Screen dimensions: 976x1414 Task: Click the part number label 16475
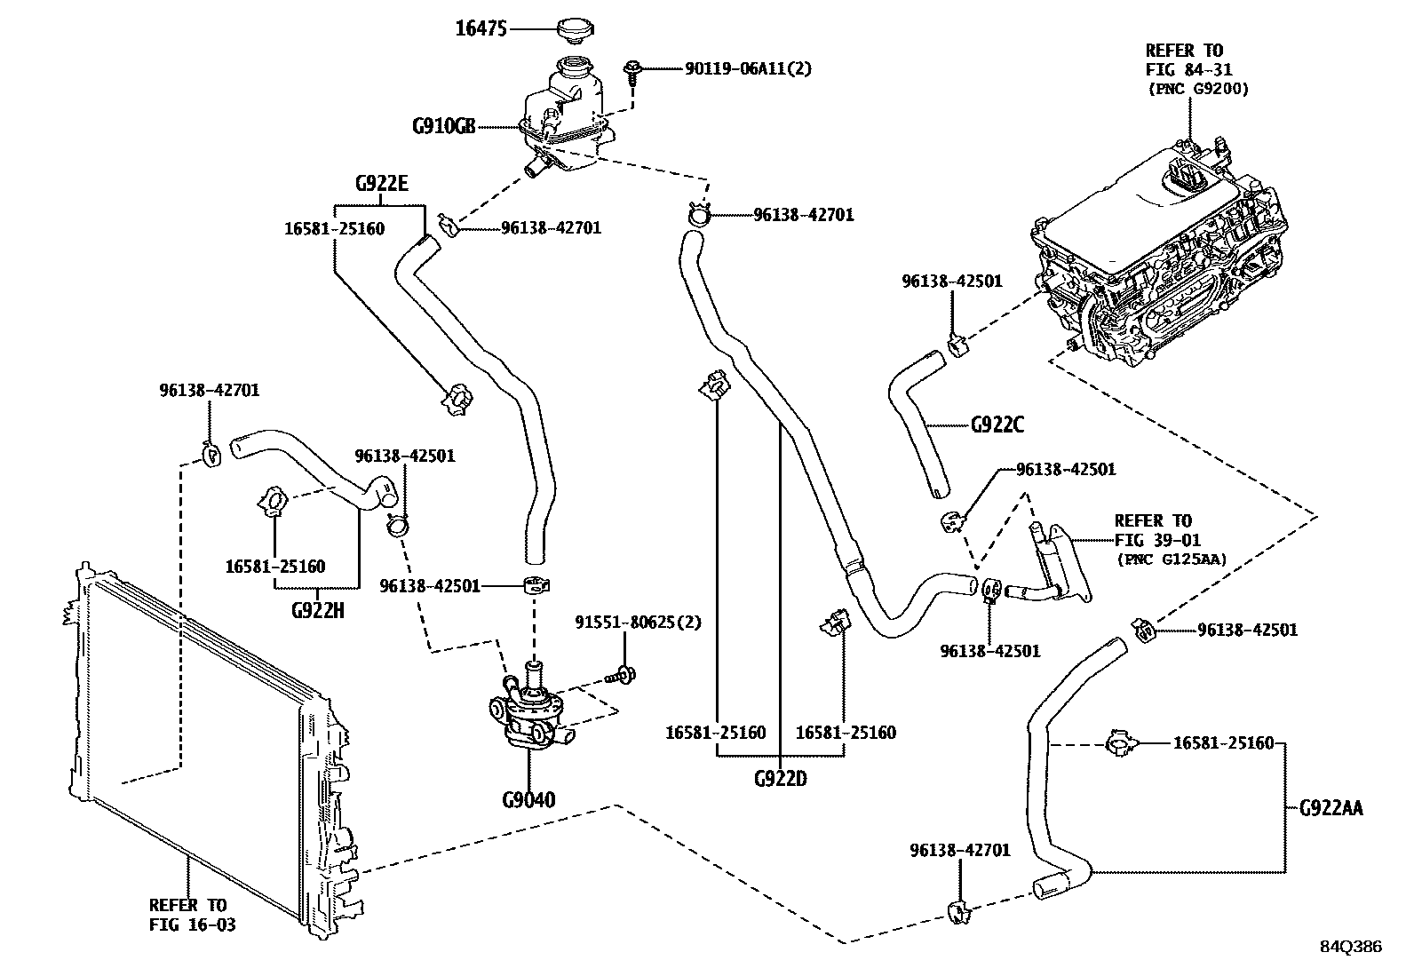(481, 29)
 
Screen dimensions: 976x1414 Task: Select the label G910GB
(443, 126)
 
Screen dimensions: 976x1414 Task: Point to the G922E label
(381, 184)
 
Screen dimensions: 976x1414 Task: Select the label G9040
(528, 800)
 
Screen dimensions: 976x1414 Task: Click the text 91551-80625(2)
(637, 623)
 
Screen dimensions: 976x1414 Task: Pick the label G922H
(317, 611)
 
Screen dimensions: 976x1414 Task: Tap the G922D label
(780, 779)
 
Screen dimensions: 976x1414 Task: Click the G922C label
(997, 425)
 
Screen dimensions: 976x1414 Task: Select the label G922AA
(1331, 808)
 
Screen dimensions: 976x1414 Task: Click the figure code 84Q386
(1350, 947)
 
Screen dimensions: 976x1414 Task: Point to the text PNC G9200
(1197, 89)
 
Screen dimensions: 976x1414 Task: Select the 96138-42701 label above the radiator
(210, 390)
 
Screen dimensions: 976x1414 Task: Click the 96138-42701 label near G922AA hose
(959, 851)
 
